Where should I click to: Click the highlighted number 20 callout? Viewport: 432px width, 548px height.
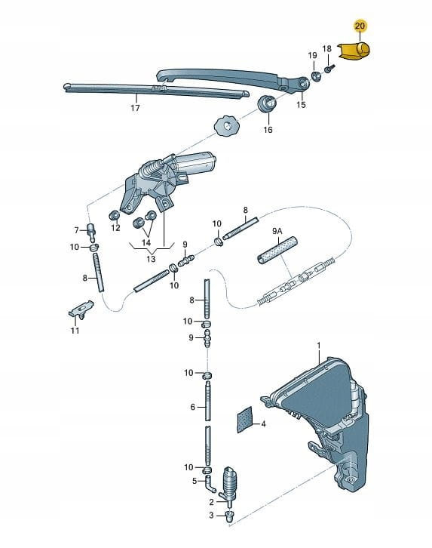click(360, 26)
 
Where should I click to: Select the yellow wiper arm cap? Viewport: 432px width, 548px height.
click(354, 51)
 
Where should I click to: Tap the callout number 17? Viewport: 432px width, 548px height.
click(135, 108)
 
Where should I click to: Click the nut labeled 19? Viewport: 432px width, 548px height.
click(316, 75)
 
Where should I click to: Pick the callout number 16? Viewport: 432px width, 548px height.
click(268, 130)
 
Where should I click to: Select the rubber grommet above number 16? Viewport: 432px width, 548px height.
click(268, 103)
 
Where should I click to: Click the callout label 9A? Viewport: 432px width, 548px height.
click(277, 231)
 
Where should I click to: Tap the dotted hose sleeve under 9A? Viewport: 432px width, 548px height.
click(277, 251)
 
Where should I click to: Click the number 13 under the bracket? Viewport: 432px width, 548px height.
click(151, 260)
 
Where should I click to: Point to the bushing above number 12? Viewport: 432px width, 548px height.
click(115, 216)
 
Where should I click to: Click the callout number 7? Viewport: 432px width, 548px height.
click(76, 230)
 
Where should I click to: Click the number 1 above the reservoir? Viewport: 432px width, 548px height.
click(319, 345)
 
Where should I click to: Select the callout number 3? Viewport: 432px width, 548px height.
click(211, 516)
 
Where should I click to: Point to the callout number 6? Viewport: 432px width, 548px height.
click(192, 407)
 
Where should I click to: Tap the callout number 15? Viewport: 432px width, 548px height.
click(301, 104)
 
